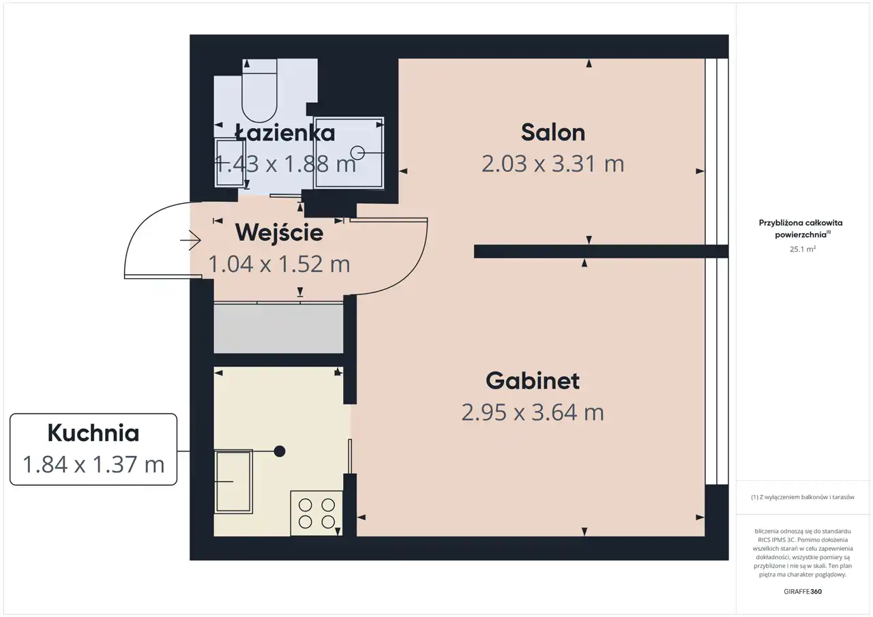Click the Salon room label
(x=553, y=132)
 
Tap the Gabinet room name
(x=533, y=380)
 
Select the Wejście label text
(x=279, y=232)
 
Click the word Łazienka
(x=285, y=133)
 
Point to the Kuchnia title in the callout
(x=93, y=433)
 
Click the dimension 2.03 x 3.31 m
(x=552, y=164)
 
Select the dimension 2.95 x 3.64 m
(x=533, y=412)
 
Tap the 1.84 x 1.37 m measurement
(x=93, y=464)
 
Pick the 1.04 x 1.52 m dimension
(x=279, y=264)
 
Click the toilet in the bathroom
(x=260, y=91)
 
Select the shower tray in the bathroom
(x=349, y=153)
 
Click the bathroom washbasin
(x=231, y=162)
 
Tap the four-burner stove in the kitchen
(x=316, y=513)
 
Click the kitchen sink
(x=233, y=481)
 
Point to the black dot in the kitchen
(x=280, y=451)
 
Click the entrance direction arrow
(x=190, y=241)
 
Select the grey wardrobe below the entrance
(x=278, y=329)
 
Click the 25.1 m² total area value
(x=803, y=249)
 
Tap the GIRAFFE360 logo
(x=803, y=591)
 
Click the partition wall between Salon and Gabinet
(x=601, y=252)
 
